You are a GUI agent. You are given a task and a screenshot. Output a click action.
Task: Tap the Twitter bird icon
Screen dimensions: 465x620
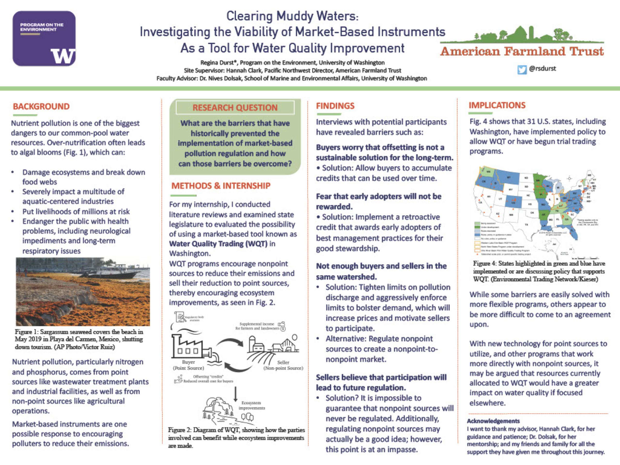pos(522,70)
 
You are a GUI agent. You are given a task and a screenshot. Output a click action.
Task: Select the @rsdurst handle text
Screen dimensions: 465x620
pos(542,68)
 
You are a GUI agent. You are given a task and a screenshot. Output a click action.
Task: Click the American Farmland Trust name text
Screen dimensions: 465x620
pos(522,52)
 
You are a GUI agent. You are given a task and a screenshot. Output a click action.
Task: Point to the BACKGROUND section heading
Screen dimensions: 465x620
pos(41,107)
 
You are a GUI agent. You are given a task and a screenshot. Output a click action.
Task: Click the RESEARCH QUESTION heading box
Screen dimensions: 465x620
pos(235,108)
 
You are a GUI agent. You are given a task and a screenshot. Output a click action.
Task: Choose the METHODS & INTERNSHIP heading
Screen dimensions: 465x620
pos(221,186)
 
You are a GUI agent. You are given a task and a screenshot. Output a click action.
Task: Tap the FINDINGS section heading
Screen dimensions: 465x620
pos(335,106)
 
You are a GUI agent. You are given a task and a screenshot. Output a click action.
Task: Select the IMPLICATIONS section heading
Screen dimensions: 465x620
pos(497,105)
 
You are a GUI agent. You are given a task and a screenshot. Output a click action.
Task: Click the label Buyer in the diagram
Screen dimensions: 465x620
pos(188,362)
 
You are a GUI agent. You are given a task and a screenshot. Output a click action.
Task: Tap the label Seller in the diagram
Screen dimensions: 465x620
pos(283,362)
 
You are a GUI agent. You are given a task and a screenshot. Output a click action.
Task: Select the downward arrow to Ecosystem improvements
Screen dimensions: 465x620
pos(235,394)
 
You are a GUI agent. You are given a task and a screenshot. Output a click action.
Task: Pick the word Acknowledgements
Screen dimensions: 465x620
pos(493,421)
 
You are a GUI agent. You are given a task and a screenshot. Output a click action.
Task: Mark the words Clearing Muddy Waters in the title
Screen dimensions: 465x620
pos(292,16)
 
